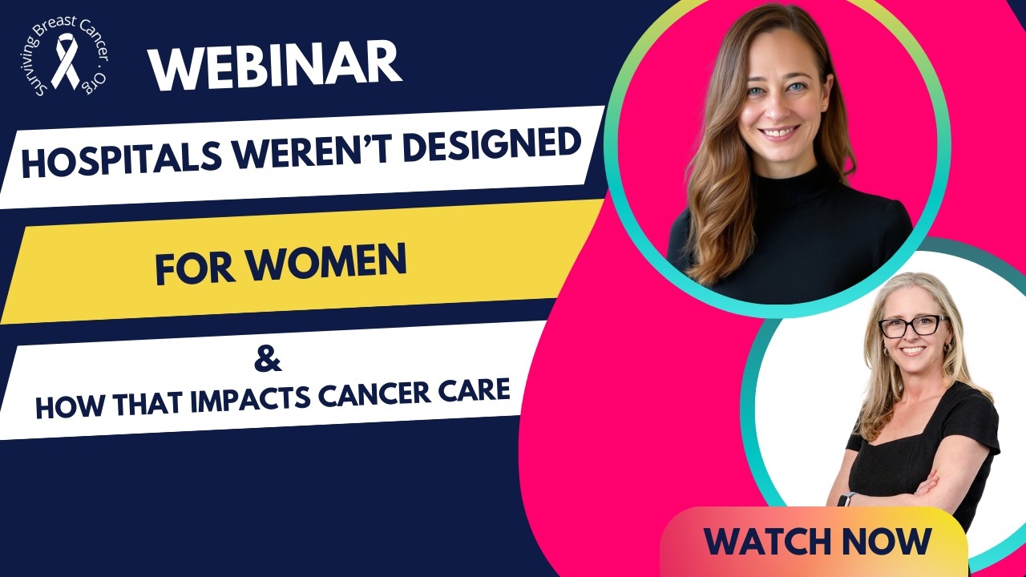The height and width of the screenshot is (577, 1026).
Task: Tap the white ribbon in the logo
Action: tap(66, 61)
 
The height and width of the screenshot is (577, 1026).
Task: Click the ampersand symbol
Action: tap(268, 360)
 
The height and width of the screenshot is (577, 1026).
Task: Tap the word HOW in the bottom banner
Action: tap(69, 406)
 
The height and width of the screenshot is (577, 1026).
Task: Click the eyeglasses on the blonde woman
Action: tap(911, 326)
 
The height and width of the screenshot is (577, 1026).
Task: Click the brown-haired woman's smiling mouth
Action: tap(778, 133)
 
